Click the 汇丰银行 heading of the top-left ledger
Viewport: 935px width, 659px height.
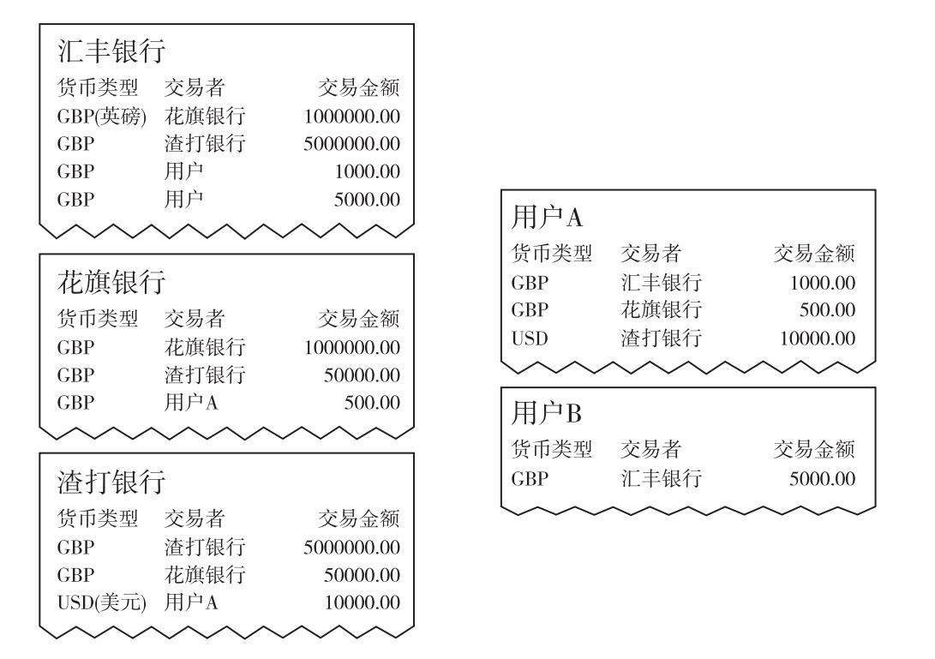click(x=111, y=51)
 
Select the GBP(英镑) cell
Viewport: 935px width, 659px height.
click(x=102, y=116)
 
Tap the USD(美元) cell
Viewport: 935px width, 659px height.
click(x=102, y=602)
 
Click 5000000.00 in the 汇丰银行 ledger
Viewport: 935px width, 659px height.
click(x=352, y=144)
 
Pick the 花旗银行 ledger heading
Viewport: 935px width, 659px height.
click(x=111, y=281)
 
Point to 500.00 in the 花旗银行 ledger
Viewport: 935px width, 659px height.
click(x=372, y=403)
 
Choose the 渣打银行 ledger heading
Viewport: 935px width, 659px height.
click(x=111, y=482)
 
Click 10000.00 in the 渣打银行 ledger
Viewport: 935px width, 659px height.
click(x=362, y=602)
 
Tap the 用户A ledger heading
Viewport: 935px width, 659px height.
click(x=547, y=217)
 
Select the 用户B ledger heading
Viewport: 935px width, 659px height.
click(x=547, y=413)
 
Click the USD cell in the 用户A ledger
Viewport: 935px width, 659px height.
click(x=530, y=338)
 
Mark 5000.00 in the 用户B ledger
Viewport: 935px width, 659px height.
click(x=822, y=478)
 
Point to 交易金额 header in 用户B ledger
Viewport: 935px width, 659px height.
click(x=814, y=449)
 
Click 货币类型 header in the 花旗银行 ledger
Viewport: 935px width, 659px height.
click(x=98, y=319)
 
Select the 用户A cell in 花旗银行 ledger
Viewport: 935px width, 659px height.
click(x=191, y=403)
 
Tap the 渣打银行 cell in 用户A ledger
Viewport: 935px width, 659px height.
click(x=662, y=338)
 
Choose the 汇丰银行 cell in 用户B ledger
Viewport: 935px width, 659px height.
click(x=662, y=478)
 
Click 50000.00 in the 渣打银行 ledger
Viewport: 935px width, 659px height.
click(x=362, y=575)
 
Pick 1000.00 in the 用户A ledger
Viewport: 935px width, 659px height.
click(x=823, y=283)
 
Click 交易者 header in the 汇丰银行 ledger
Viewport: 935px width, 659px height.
click(x=195, y=87)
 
